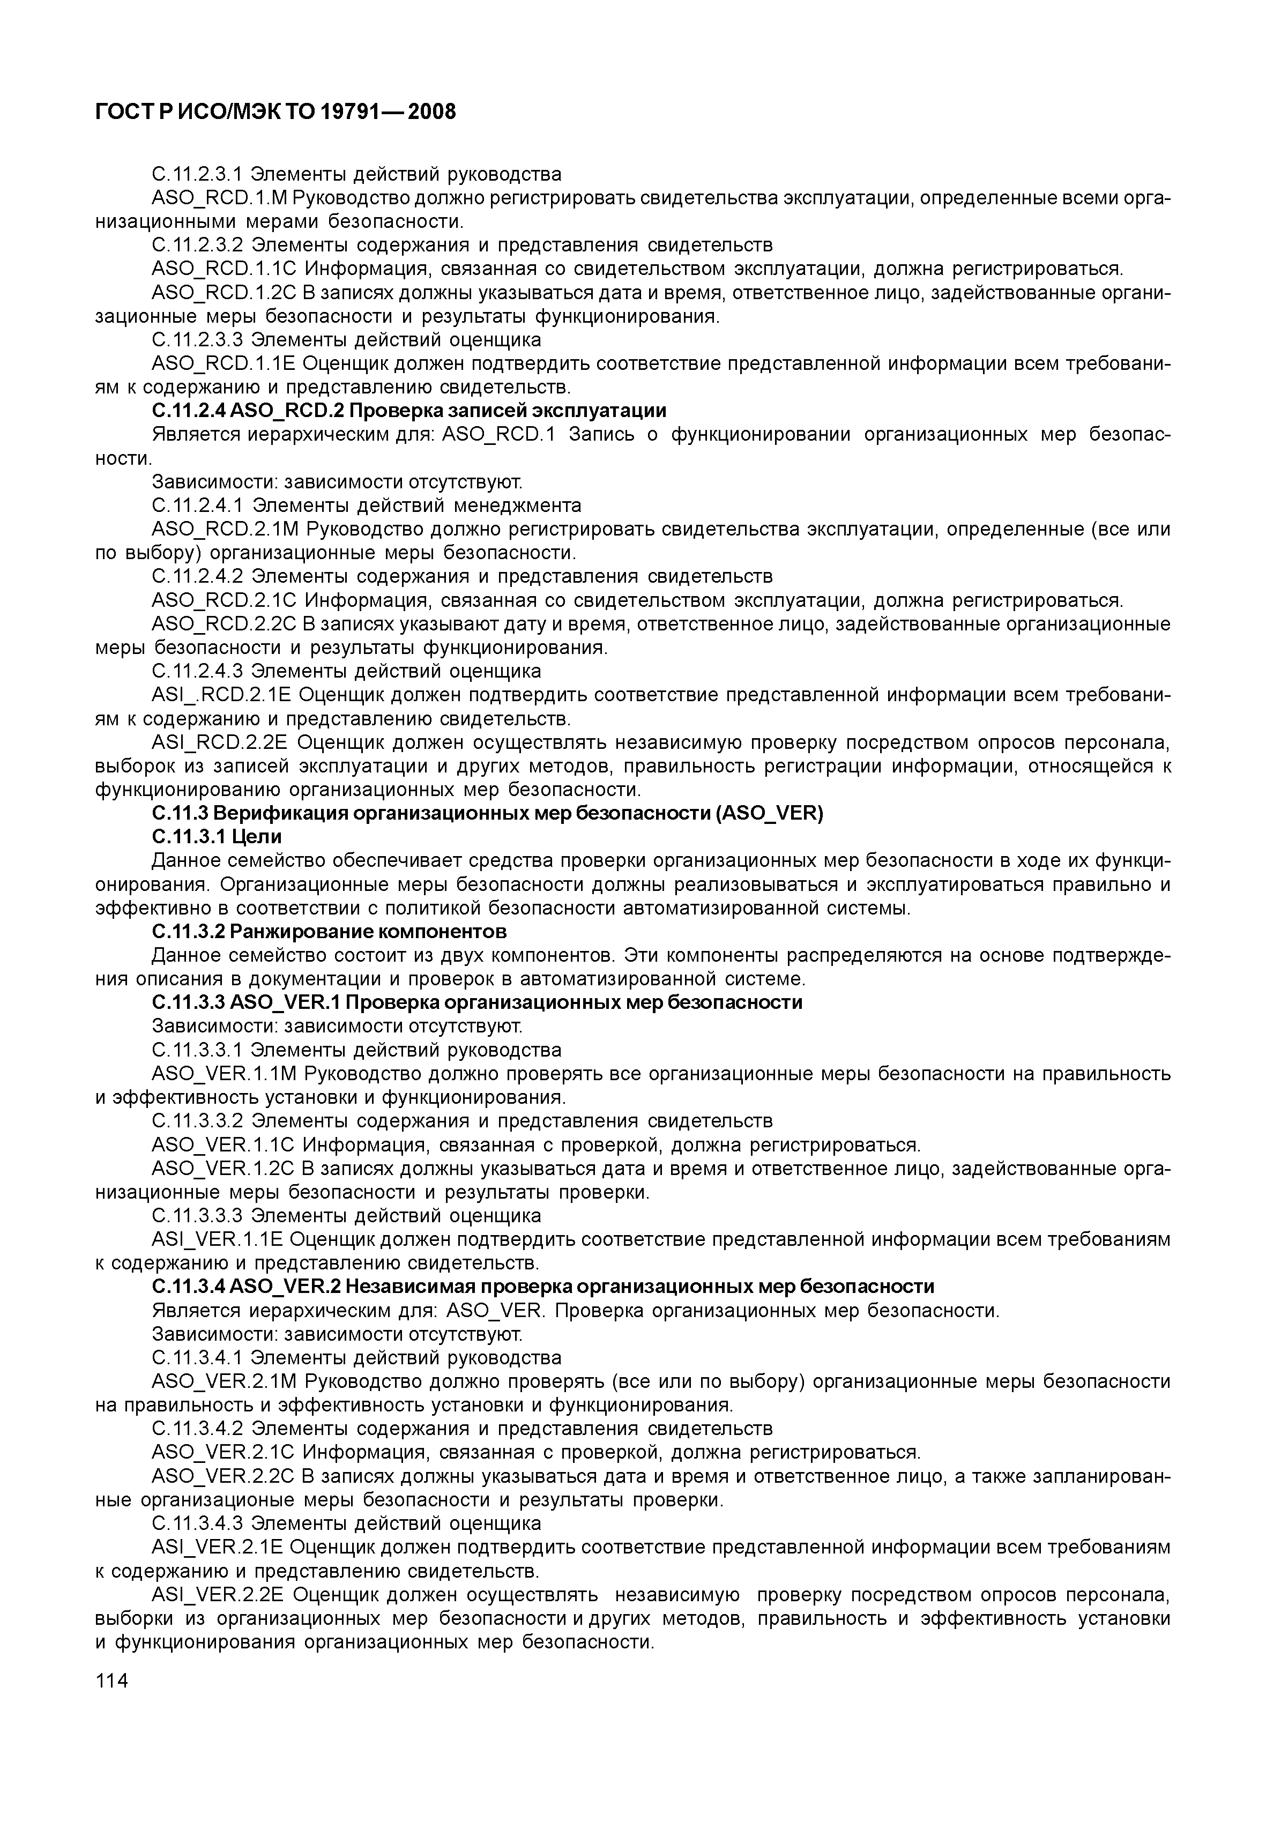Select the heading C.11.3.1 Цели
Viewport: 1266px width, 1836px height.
[217, 837]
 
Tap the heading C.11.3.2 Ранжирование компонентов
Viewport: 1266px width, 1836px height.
[329, 931]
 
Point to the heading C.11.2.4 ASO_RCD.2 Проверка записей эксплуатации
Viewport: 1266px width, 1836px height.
[408, 410]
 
